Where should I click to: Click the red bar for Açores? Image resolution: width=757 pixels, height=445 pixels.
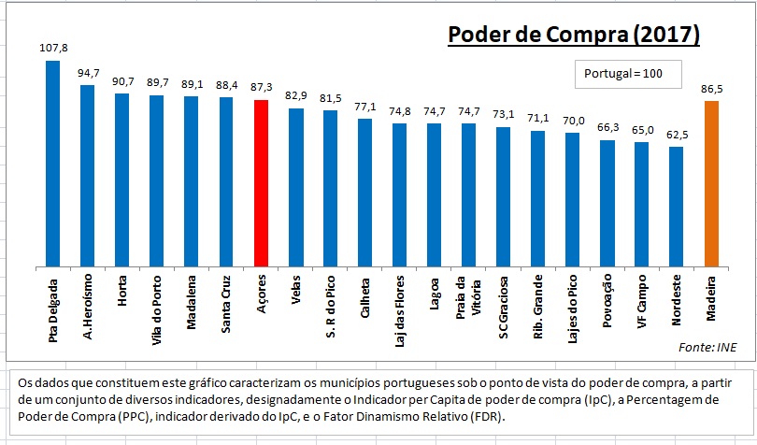point(261,183)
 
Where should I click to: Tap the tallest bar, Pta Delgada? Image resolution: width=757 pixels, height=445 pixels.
point(52,164)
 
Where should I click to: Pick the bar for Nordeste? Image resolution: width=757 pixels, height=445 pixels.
point(676,207)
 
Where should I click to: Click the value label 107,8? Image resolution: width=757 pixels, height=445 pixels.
point(52,46)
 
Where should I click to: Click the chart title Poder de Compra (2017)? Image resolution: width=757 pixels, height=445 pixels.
point(573,35)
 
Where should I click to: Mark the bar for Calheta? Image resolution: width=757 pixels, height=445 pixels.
point(364,193)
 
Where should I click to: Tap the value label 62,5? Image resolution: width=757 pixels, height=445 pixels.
point(676,134)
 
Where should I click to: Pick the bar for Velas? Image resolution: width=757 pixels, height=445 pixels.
point(295,188)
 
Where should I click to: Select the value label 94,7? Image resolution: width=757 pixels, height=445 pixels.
point(87,71)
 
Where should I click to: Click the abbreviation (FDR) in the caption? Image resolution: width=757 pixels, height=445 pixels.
point(481,416)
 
